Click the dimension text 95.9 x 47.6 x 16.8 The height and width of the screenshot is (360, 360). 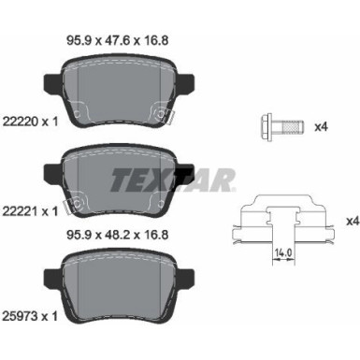click(119, 40)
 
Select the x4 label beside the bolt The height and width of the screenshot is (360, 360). click(319, 124)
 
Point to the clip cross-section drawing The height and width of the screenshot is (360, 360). click(282, 222)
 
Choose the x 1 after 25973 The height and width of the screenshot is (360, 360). click(44, 316)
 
